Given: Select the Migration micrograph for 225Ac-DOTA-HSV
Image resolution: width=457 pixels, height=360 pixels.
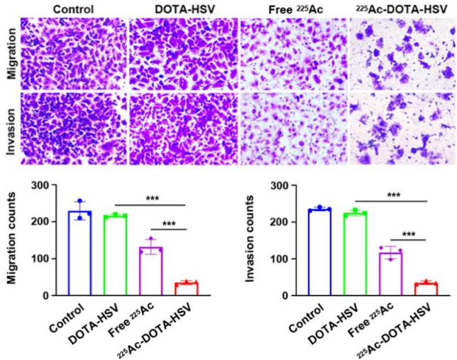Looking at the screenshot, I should pyautogui.click(x=402, y=50).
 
